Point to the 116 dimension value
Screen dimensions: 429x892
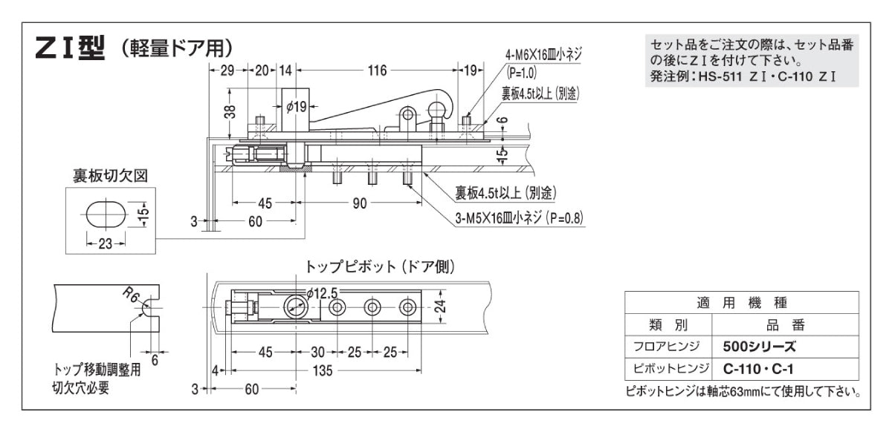click(377, 71)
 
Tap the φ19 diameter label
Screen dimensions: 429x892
click(297, 107)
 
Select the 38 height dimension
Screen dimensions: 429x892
click(230, 112)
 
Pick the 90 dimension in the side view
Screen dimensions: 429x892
click(360, 203)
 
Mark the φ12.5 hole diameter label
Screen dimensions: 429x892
click(321, 292)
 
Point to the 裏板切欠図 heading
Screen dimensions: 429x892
click(110, 176)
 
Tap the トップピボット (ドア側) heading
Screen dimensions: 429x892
click(380, 266)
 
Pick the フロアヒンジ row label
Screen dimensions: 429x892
click(668, 346)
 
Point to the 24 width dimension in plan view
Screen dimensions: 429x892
click(440, 307)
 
